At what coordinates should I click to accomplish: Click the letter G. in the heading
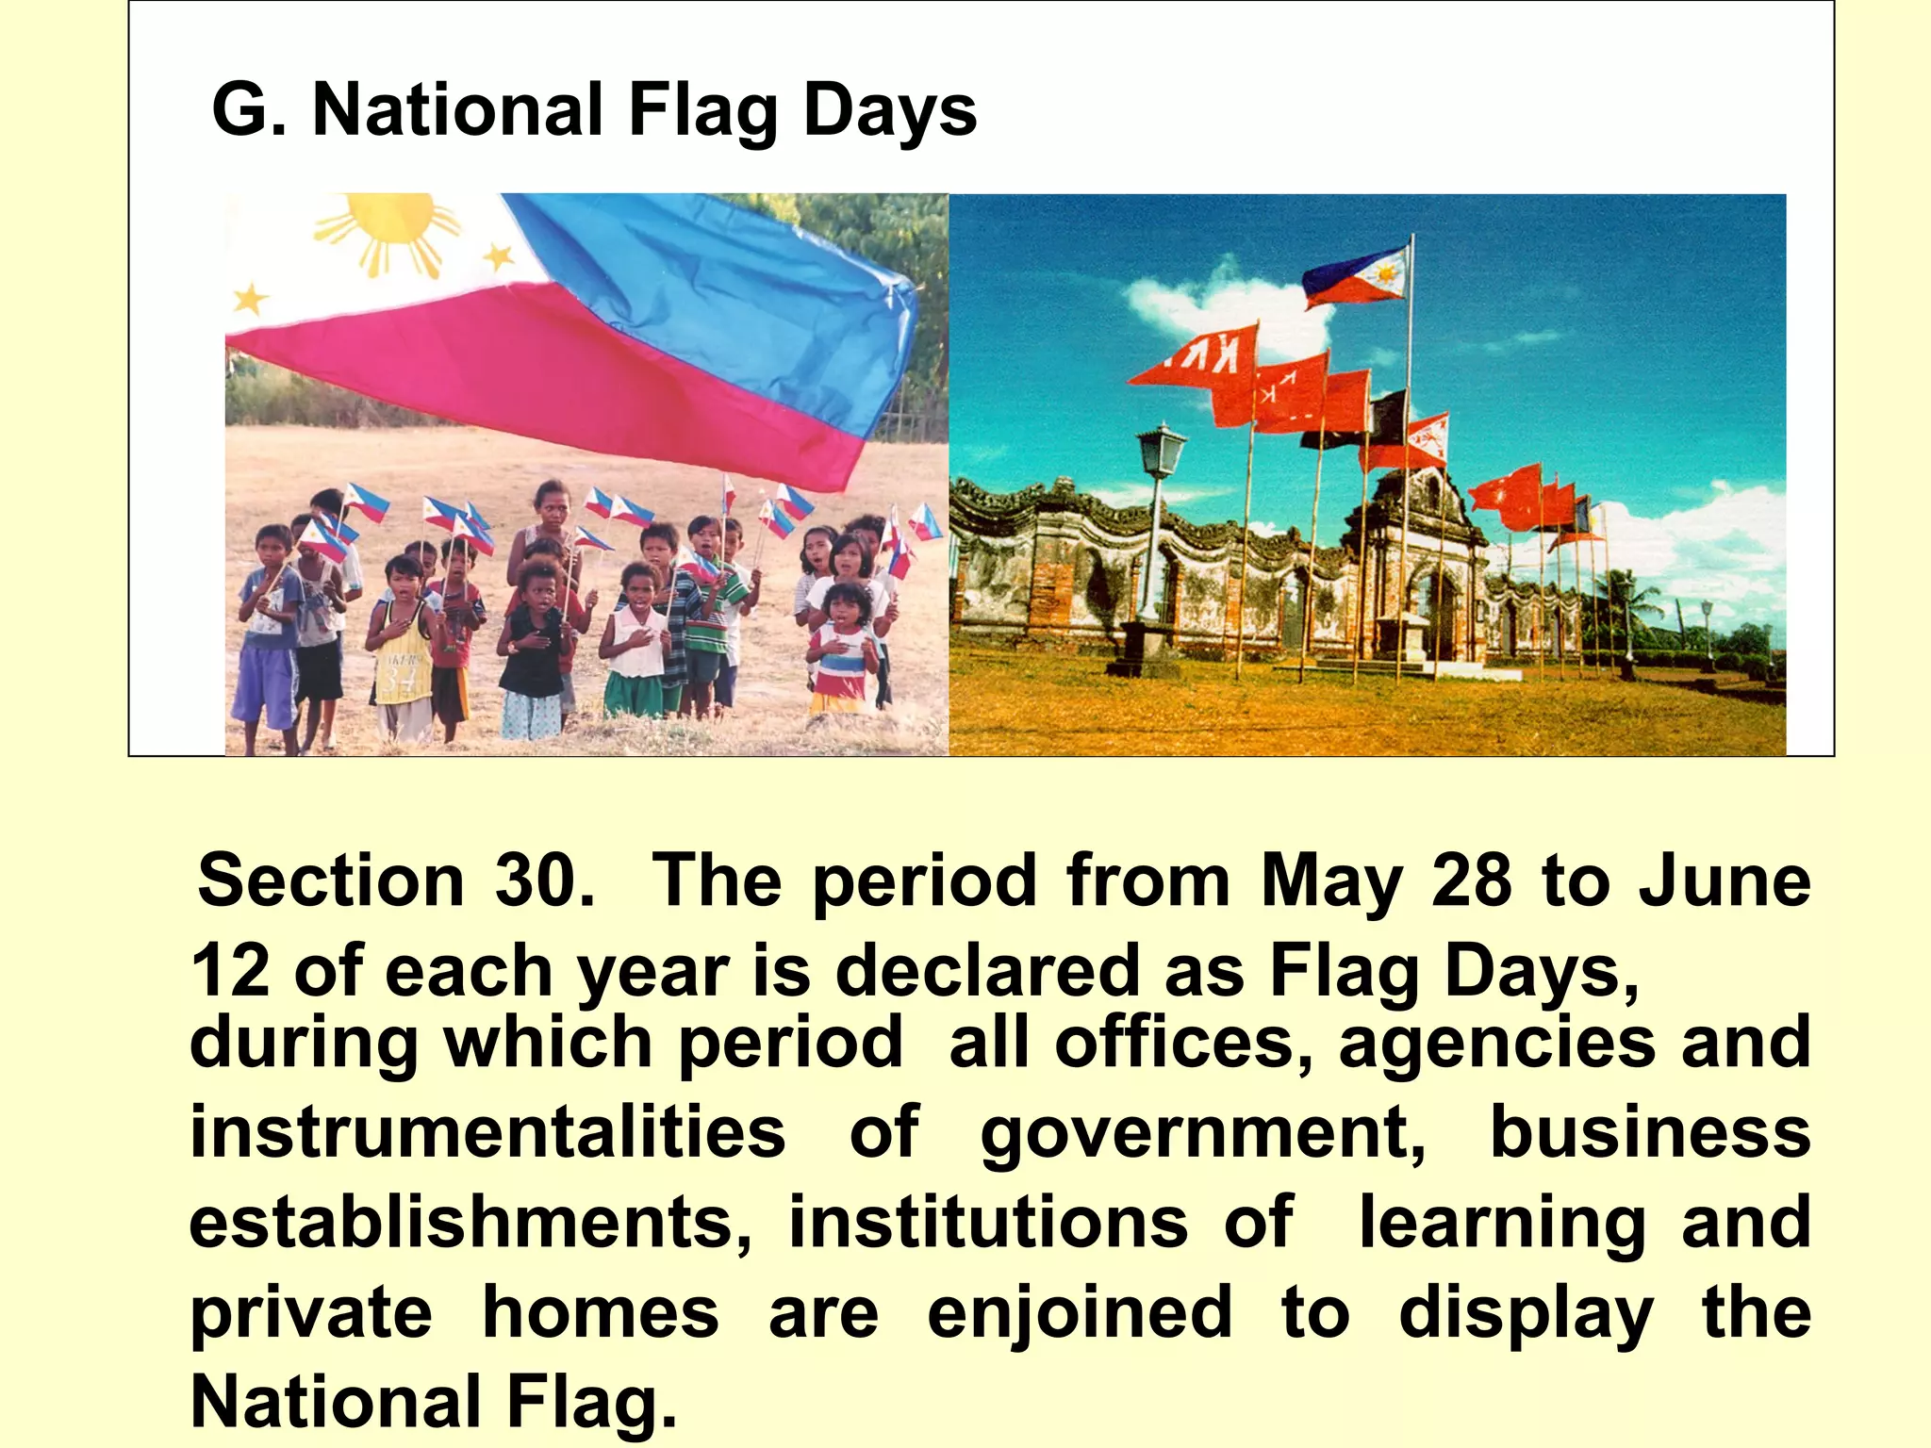point(249,111)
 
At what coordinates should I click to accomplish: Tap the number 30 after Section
point(542,880)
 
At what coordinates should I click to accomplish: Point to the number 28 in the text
point(1472,880)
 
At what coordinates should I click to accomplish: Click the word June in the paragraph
point(1725,880)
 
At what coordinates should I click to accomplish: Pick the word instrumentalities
point(487,1131)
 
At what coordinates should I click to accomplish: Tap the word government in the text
point(1202,1133)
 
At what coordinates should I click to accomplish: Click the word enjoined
point(1080,1312)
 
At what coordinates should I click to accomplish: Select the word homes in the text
point(601,1312)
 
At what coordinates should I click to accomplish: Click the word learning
point(1502,1224)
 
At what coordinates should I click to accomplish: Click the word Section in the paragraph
point(331,880)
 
